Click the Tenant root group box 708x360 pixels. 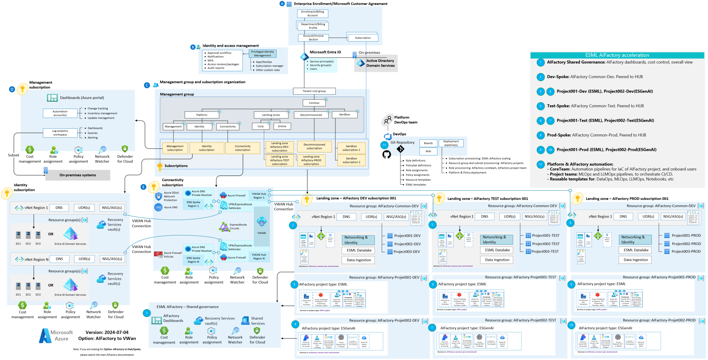pos(314,91)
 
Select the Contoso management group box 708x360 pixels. pos(314,103)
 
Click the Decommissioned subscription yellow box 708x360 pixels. pos(314,147)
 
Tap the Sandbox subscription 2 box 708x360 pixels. pos(351,160)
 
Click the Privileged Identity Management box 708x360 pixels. pos(262,53)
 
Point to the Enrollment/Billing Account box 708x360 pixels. pos(312,13)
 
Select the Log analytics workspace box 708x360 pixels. pos(60,133)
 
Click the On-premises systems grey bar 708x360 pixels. pos(78,175)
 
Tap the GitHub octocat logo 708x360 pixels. pos(387,154)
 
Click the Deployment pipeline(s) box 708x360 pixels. pos(451,143)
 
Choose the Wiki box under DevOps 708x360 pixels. pos(428,151)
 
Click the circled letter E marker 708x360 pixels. pos(143,187)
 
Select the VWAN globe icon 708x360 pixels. pos(261,222)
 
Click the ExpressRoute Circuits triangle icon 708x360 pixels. pos(224,227)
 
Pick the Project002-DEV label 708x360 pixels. pos(407,244)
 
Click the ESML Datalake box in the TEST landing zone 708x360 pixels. pos(497,250)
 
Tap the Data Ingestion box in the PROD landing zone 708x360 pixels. pos(636,260)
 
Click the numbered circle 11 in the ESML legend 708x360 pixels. pos(540,164)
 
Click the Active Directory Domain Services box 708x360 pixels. pos(376,63)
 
